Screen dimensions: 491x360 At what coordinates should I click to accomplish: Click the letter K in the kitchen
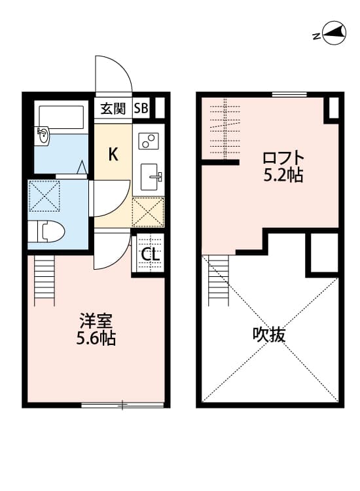(113, 155)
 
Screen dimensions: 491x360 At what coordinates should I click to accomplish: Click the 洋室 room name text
(96, 322)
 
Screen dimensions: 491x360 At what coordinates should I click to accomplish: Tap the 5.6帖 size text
(96, 338)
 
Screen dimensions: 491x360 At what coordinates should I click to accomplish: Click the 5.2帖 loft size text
(283, 175)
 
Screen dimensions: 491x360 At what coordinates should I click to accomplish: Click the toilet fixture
(47, 231)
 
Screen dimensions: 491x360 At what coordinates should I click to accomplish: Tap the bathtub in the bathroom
(61, 117)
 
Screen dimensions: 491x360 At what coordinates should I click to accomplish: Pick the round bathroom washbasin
(43, 137)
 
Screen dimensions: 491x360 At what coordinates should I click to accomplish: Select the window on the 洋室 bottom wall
(122, 405)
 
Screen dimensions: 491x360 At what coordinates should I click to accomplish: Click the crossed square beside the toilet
(44, 195)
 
